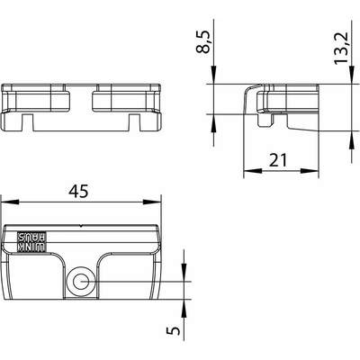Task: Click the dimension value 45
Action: [78, 191]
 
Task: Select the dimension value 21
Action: [278, 160]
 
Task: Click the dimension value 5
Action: [174, 330]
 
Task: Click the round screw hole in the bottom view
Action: [80, 282]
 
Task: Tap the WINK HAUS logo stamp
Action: [31, 241]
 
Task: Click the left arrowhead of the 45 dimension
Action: [10, 202]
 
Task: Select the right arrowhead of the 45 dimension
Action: [152, 202]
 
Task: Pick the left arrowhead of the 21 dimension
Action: [252, 170]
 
